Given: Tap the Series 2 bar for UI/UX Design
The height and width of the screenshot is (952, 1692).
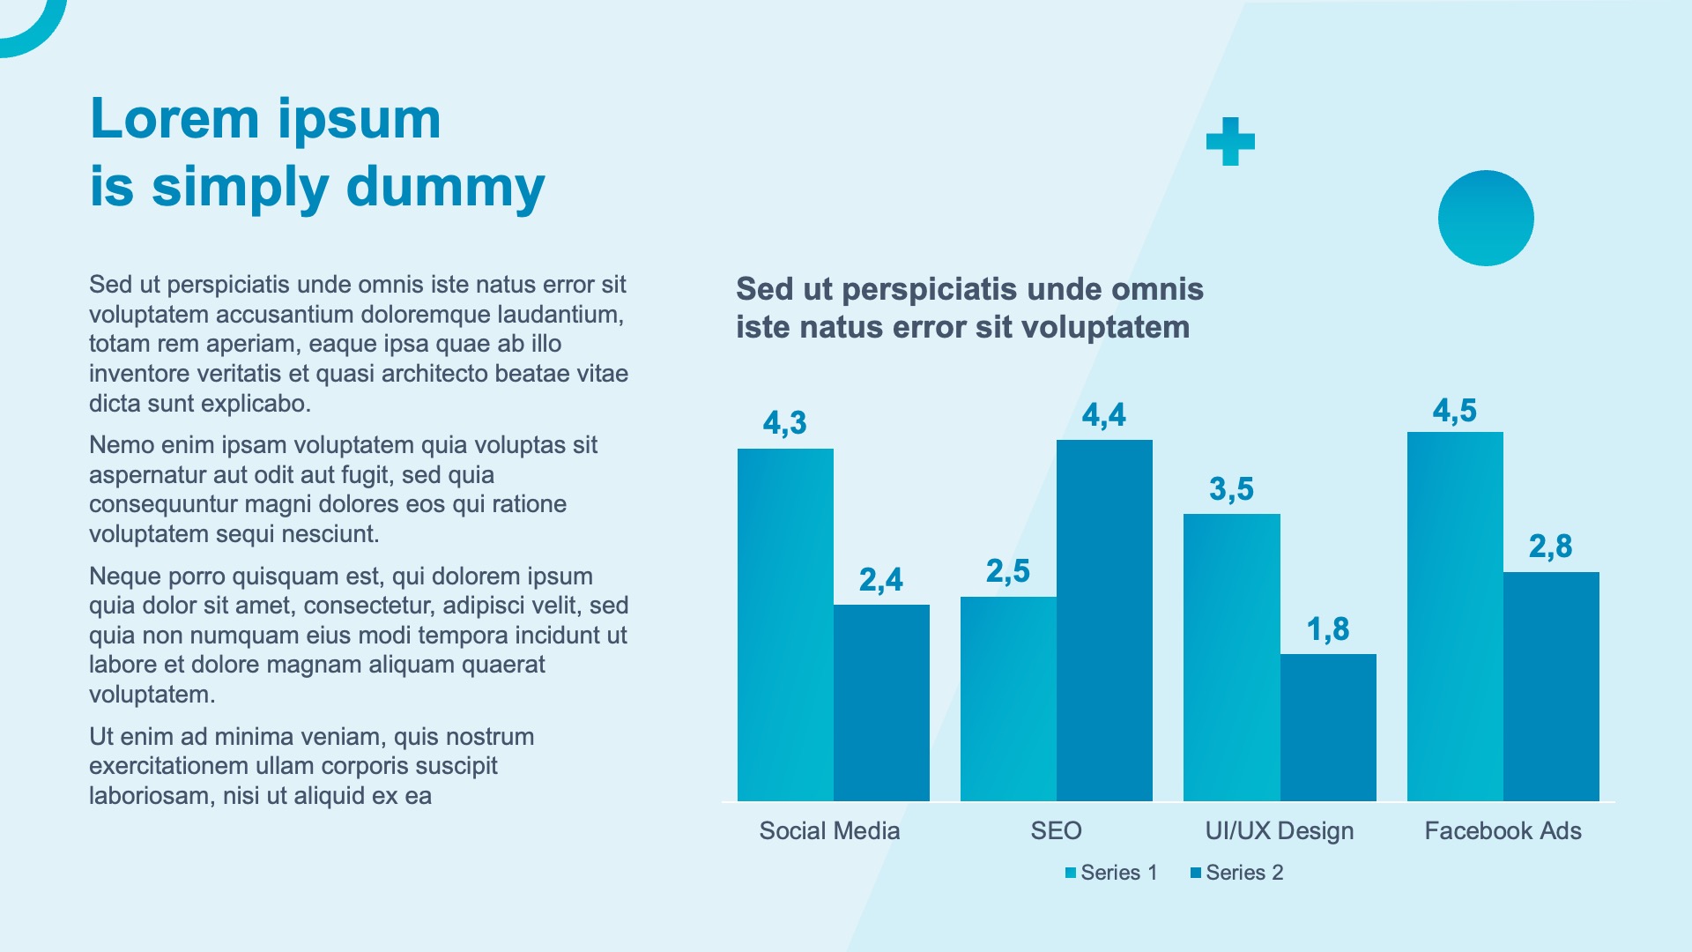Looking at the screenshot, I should point(1328,727).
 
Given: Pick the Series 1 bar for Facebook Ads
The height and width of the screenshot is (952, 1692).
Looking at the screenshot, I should point(1455,616).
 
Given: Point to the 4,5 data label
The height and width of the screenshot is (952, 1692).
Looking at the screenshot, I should point(1454,411).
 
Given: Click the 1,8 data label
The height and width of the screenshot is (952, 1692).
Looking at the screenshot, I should point(1328,629).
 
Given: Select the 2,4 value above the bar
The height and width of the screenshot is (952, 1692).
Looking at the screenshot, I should point(880,580).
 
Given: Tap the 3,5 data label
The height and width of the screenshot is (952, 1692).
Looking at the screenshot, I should point(1231,489).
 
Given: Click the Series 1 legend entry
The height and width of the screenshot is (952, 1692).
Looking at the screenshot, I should point(1111,873).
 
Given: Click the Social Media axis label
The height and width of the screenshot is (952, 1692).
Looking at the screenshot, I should point(829,830).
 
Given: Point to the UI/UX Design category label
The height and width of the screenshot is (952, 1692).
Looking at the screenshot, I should point(1279,830).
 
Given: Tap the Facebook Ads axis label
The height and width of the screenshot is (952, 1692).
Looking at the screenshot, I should point(1503,830).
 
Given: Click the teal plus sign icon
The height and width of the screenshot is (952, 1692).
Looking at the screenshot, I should point(1230,142).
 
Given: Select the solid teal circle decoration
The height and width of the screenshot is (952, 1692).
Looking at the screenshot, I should point(1486,218).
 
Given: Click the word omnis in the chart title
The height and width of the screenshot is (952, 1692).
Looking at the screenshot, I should point(1157,289).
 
